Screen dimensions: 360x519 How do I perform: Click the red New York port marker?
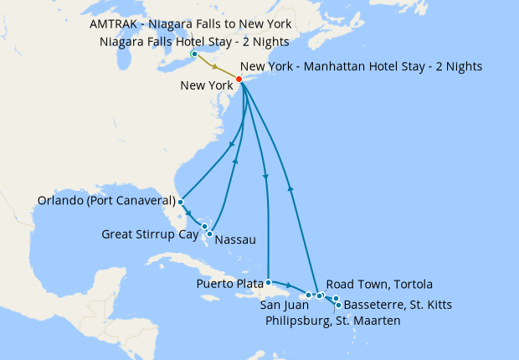click(239, 80)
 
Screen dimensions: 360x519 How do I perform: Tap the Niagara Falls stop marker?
click(194, 55)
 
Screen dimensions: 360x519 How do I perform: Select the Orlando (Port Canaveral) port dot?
click(181, 202)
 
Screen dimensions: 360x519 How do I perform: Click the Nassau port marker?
click(210, 233)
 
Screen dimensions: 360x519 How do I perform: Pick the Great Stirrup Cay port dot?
click(204, 226)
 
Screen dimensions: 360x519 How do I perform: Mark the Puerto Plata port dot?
click(268, 282)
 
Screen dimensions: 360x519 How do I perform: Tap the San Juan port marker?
click(309, 295)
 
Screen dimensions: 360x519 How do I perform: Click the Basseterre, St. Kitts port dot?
click(338, 305)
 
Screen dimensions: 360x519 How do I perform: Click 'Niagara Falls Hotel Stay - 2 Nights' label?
click(193, 41)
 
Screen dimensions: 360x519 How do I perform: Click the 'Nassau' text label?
click(235, 240)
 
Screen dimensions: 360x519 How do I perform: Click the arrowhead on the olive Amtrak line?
click(216, 67)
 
